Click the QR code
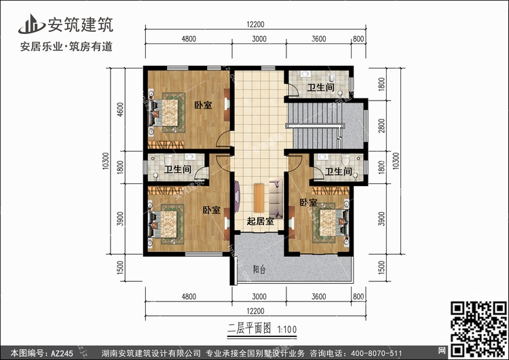[478, 329]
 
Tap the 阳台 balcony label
[259, 270]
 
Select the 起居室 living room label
[261, 221]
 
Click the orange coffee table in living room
[259, 198]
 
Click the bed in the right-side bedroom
[331, 223]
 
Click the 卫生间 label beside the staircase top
[321, 88]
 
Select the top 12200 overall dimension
[255, 24]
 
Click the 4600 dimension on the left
[120, 109]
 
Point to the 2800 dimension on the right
[381, 126]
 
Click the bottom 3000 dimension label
[259, 296]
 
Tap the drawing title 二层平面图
[249, 329]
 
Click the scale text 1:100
[287, 329]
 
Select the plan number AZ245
[62, 353]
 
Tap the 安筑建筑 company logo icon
[31, 24]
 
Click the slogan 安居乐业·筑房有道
[67, 47]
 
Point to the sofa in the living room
[276, 198]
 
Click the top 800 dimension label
[358, 39]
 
